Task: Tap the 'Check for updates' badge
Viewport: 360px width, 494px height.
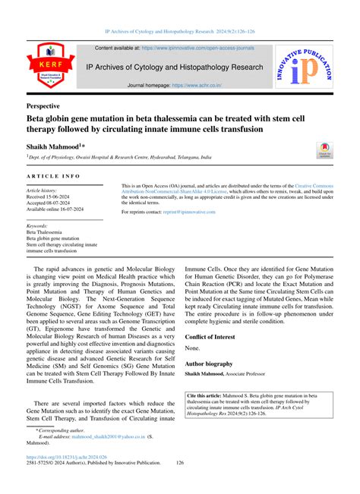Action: point(324,149)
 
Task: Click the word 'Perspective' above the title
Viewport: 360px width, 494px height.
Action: point(48,106)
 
